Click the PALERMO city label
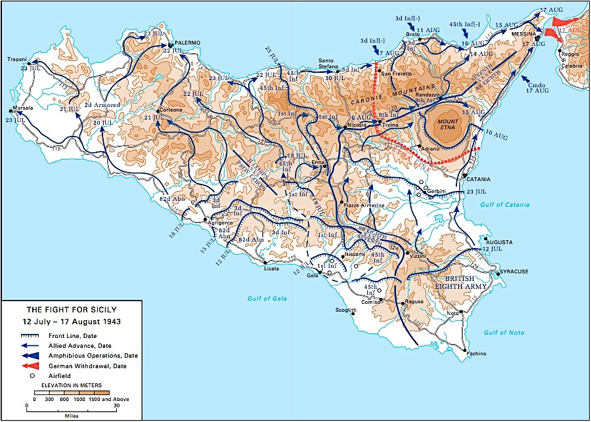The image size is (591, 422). (187, 43)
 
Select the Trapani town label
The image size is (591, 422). (17, 59)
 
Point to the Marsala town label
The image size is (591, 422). (24, 109)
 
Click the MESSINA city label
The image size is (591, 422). (527, 34)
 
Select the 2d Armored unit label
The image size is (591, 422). (102, 105)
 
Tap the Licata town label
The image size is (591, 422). (271, 268)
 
